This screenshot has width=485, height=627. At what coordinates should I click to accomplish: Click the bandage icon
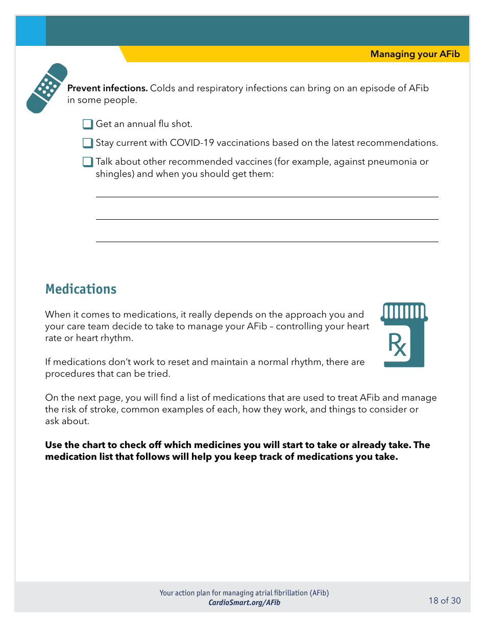(47, 88)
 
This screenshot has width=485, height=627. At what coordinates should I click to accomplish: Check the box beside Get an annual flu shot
(88, 124)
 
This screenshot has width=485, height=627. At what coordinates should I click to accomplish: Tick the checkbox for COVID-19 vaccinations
(88, 143)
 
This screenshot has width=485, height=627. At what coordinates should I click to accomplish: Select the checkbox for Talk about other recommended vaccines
(88, 162)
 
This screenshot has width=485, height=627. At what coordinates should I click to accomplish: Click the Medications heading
(81, 289)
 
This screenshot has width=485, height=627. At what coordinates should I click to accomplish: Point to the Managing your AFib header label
(415, 54)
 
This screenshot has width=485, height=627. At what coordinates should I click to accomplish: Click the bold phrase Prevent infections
(107, 88)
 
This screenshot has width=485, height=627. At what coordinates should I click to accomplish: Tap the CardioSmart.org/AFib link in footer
(244, 603)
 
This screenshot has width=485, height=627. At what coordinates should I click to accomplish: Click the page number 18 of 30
(444, 600)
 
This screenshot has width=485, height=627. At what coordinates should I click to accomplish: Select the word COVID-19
(191, 143)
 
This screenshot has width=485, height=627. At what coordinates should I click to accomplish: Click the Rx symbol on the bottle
(398, 345)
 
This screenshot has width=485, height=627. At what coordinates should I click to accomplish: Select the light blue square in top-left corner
(31, 31)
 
